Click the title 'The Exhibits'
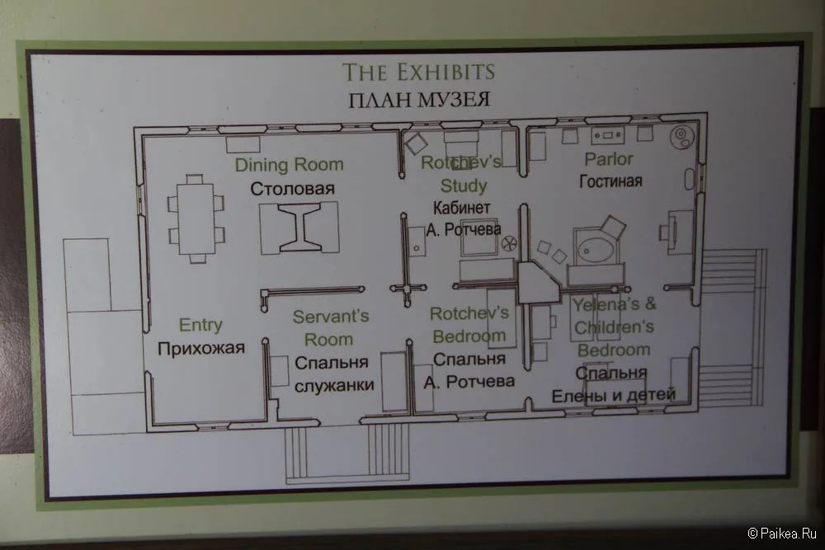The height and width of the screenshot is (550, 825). pos(419,72)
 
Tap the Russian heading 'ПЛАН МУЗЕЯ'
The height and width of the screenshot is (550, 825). pos(419,100)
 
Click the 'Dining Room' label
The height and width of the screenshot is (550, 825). pos(289,165)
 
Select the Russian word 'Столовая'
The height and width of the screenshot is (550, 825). pos(293,188)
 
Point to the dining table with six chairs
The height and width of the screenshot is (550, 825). pos(196,219)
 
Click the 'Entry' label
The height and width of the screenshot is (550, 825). pos(200,325)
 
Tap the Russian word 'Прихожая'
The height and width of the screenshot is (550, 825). pos(201,348)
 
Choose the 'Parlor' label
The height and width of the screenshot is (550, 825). pos(609,159)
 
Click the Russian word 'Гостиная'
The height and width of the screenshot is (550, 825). pos(610,181)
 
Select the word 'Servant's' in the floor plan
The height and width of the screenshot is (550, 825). pos(331,317)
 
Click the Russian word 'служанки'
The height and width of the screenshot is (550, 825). pos(334,385)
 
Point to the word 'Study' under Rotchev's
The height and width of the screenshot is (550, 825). pos(464,186)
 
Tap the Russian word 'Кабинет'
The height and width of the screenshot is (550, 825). pos(461,208)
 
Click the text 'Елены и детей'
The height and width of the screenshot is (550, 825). pos(614,395)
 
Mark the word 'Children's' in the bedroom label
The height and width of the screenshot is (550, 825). pos(614,327)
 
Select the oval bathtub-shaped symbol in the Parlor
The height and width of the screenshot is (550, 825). pos(596,250)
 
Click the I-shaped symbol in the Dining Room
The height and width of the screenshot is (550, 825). pos(299,227)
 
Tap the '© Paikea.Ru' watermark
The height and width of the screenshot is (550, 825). pos(782,534)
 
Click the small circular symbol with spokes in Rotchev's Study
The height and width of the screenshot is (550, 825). pos(509,243)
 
